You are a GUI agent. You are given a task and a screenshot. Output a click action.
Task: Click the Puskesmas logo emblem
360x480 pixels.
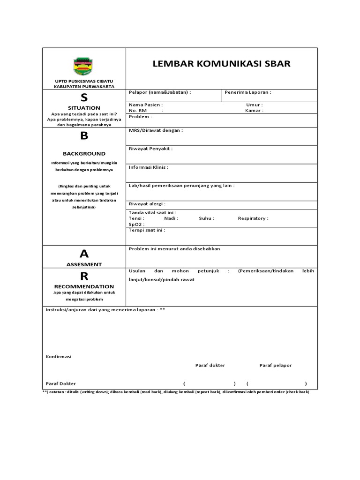(x=84, y=67)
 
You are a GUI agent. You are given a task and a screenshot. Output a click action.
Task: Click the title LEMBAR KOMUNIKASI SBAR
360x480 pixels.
(x=222, y=64)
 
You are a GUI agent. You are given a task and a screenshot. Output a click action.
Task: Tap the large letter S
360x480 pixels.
(x=84, y=97)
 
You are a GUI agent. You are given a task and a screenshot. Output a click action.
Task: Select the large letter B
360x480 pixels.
(x=84, y=136)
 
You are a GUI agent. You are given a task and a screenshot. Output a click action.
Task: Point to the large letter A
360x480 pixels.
(x=84, y=254)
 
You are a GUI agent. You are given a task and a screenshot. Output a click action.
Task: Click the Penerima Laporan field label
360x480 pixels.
(x=248, y=92)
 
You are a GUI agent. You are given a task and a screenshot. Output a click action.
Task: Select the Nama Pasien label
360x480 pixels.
(x=146, y=105)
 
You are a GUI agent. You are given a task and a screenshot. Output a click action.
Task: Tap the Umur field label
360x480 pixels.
(x=254, y=105)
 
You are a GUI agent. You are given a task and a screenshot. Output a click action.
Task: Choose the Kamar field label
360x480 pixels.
(x=254, y=111)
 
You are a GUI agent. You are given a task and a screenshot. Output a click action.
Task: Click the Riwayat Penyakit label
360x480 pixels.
(x=150, y=149)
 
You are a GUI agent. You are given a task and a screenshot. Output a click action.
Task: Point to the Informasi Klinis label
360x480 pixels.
(x=148, y=167)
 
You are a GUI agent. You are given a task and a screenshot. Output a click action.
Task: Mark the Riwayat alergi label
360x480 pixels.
(x=147, y=204)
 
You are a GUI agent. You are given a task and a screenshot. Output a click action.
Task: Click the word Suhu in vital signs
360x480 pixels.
(x=206, y=218)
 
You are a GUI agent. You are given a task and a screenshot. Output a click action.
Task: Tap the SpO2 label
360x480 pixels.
(x=136, y=225)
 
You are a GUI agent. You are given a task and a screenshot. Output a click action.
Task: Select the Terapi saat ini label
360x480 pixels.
(x=147, y=230)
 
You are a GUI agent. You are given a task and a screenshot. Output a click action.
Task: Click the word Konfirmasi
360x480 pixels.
(x=58, y=357)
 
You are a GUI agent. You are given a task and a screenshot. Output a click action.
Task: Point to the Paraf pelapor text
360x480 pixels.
(x=276, y=365)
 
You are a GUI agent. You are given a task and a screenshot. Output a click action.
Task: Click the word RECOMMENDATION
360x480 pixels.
(x=84, y=286)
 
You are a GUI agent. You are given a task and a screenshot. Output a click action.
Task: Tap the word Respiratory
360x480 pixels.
(x=253, y=218)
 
